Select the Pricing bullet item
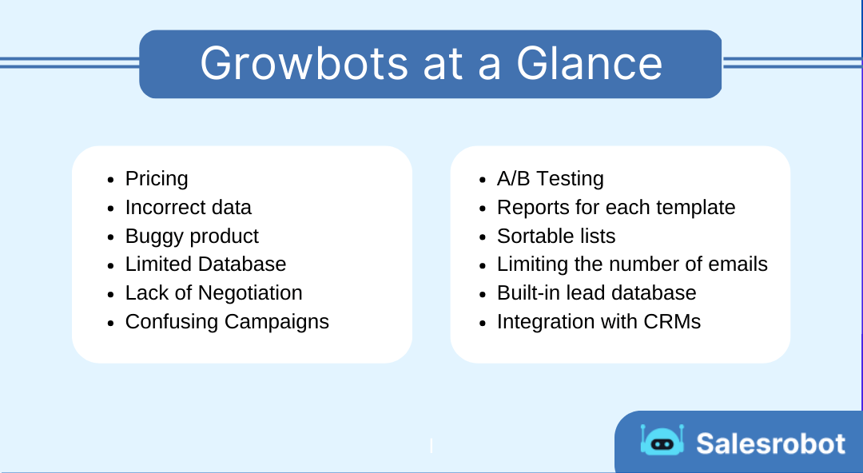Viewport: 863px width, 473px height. [157, 179]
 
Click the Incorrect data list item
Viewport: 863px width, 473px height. [188, 208]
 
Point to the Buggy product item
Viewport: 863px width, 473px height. [192, 236]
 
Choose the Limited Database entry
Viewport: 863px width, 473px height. [205, 264]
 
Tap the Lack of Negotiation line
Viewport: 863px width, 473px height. [213, 293]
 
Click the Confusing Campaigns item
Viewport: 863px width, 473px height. [227, 322]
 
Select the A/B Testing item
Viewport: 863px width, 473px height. [550, 179]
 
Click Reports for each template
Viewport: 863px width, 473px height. [615, 208]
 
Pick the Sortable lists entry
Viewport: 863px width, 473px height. [556, 236]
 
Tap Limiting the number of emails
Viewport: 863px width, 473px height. [631, 264]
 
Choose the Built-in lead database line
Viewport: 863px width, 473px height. [596, 293]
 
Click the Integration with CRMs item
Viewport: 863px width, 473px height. [599, 322]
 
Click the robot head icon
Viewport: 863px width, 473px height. [662, 441]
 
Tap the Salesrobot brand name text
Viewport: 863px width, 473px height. [770, 443]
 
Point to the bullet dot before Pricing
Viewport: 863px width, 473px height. [110, 180]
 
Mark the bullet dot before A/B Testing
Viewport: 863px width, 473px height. [482, 180]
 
